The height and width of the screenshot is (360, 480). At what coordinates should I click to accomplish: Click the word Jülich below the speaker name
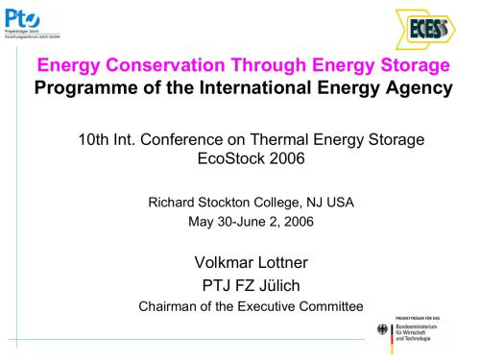coord(276,285)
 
